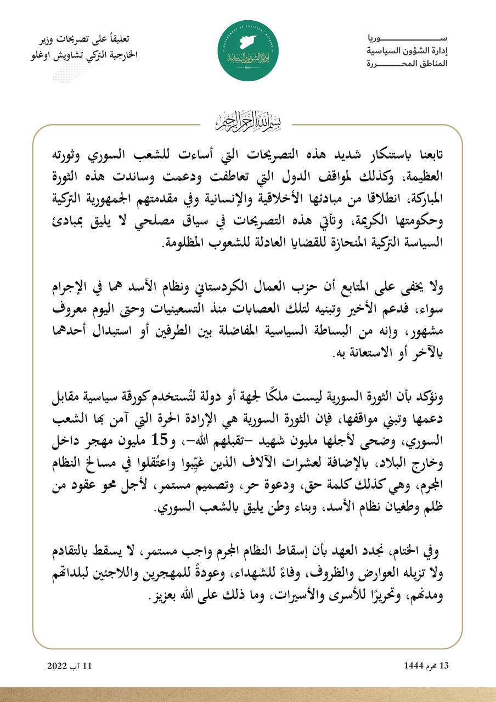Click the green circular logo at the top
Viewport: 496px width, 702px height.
[x=248, y=50]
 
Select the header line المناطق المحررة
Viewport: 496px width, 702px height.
[x=407, y=64]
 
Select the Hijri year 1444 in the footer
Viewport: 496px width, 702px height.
[x=412, y=666]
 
